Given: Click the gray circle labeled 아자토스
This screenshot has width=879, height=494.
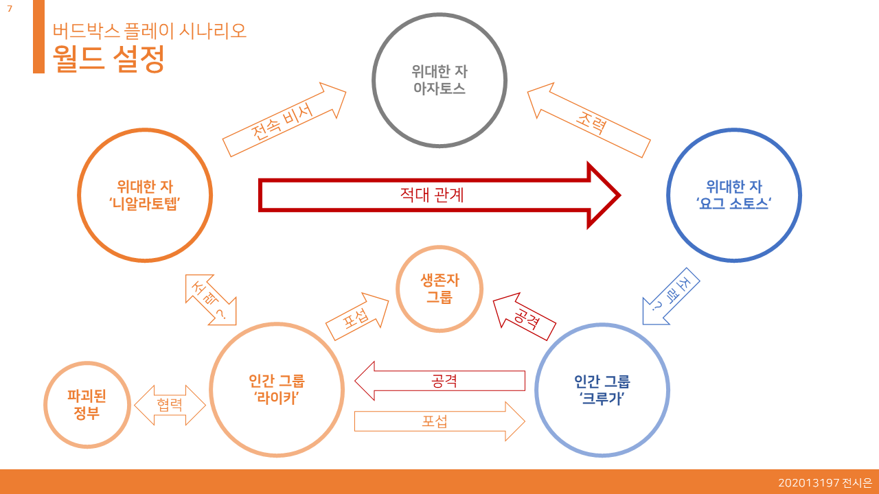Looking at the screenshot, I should (x=439, y=80).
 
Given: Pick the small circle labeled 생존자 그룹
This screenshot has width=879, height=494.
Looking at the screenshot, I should (x=439, y=289).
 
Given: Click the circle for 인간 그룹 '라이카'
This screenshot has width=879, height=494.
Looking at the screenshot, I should (x=277, y=389).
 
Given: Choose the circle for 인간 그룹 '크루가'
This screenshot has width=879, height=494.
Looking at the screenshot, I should (x=602, y=389).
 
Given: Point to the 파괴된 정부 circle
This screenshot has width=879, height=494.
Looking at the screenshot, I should (x=87, y=405).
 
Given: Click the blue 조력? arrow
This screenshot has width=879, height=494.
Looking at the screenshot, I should (x=670, y=296).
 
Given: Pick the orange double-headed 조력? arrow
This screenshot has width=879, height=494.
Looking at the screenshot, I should (x=210, y=300).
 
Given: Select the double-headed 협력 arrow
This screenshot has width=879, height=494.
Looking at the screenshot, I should (x=170, y=405).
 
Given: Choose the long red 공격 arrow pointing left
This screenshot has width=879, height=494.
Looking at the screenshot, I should (x=439, y=380).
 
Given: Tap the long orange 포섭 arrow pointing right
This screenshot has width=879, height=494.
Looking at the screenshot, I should (x=439, y=421).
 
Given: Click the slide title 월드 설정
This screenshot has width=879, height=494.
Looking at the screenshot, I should (x=109, y=58).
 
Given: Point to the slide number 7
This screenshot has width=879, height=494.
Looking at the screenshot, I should (x=10, y=8).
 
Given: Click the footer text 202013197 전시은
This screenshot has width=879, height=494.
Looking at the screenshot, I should (x=825, y=483).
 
